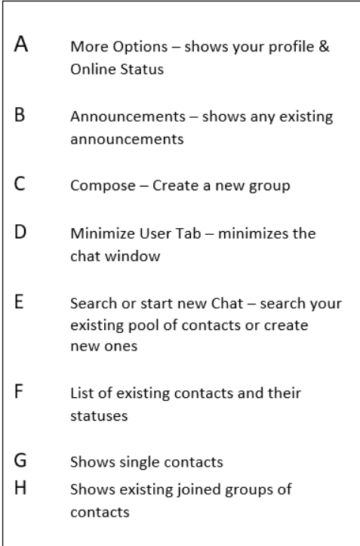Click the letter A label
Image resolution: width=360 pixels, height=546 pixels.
click(21, 44)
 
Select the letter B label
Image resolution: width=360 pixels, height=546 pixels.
click(20, 115)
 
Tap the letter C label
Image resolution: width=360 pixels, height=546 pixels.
click(20, 184)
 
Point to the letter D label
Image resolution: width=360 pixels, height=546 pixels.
click(20, 232)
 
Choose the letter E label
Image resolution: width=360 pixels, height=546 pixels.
click(19, 301)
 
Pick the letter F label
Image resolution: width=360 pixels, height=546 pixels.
click(19, 391)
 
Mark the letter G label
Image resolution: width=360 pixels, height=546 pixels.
click(20, 460)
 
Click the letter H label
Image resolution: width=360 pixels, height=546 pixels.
click(20, 488)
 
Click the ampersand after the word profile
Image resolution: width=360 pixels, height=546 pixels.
click(324, 47)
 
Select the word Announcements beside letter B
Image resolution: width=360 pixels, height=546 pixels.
click(128, 116)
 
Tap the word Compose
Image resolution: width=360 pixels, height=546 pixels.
click(103, 186)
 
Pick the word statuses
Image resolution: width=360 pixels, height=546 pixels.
click(99, 416)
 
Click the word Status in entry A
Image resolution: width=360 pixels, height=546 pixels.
click(142, 69)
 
